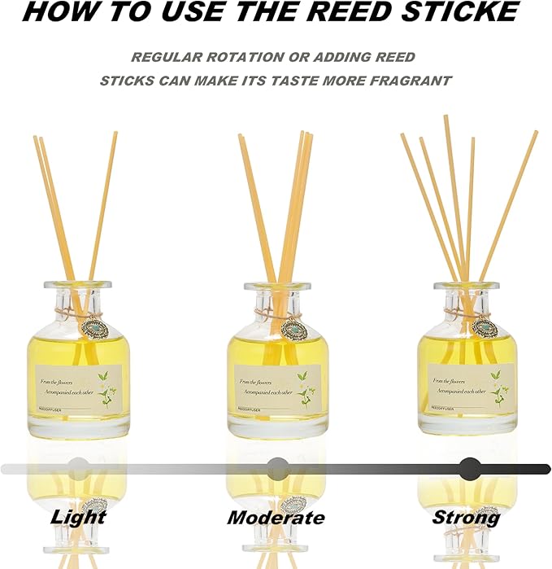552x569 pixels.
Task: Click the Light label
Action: tap(78, 517)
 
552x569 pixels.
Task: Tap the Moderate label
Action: tap(276, 518)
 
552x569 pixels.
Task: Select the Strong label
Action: tap(466, 517)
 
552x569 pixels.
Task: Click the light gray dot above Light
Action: tap(78, 468)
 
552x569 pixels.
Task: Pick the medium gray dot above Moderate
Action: tap(277, 468)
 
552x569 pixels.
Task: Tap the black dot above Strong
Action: tap(469, 468)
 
